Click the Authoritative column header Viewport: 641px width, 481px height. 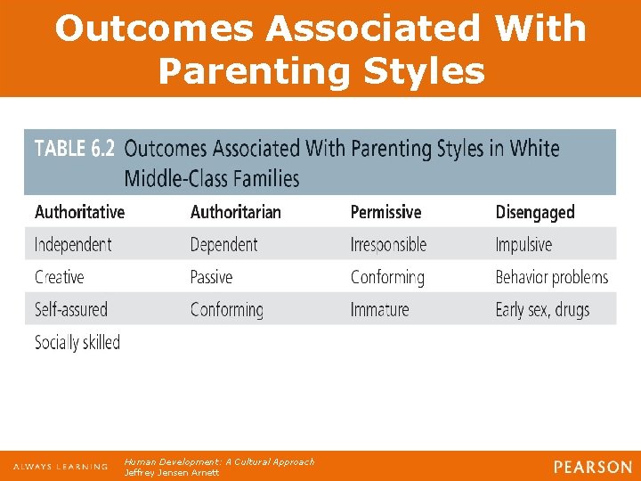click(79, 212)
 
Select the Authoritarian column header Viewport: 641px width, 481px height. click(235, 212)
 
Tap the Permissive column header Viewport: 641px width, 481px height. click(385, 212)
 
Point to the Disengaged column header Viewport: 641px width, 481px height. click(535, 212)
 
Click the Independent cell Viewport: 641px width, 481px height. click(73, 244)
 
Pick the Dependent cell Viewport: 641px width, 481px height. click(223, 244)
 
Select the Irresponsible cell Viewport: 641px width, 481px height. click(388, 244)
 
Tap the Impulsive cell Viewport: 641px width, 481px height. click(523, 244)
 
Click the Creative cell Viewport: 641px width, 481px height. click(59, 277)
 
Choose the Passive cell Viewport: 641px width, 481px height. click(211, 277)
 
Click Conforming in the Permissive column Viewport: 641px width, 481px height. click(387, 277)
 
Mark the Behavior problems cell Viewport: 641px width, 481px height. click(552, 277)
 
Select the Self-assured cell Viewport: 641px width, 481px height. click(70, 310)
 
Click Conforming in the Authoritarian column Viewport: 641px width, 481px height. click(227, 310)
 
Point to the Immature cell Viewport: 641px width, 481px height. click(379, 310)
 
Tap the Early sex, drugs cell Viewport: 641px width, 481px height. click(542, 310)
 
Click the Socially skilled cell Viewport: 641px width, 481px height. click(77, 342)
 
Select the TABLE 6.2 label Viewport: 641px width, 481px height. click(74, 148)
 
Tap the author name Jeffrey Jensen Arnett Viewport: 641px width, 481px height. click(172, 472)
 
